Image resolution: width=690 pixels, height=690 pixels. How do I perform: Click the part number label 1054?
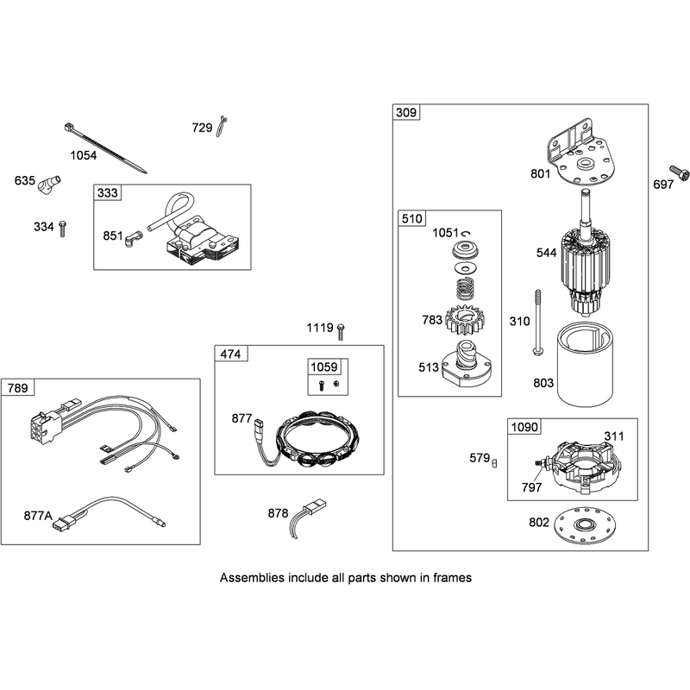[83, 155]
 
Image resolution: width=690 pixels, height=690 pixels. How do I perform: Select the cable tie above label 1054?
[105, 148]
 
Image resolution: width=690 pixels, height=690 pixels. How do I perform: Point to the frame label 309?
[405, 113]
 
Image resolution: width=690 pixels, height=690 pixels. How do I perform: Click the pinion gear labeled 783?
[465, 319]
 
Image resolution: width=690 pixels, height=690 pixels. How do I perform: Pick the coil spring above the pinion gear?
[467, 290]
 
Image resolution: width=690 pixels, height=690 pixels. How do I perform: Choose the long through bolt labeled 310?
[537, 323]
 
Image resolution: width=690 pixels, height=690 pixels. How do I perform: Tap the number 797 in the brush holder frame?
[531, 487]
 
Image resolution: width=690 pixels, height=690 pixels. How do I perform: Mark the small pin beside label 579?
[494, 463]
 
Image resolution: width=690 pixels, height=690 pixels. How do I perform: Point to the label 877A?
[38, 515]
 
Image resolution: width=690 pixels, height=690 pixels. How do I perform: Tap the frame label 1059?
[324, 367]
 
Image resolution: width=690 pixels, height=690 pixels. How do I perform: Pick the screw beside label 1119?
[340, 332]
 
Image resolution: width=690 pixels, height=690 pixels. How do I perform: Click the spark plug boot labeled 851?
[134, 238]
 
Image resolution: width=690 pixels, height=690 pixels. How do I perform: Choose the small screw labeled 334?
[62, 229]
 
